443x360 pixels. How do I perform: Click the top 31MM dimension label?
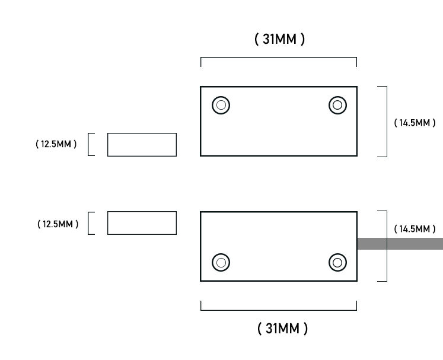point(280,39)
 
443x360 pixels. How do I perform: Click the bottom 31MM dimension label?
point(282,329)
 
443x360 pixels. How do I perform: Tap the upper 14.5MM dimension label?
point(415,123)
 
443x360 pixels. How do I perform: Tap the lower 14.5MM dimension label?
point(415,228)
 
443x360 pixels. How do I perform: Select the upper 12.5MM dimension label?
point(56,144)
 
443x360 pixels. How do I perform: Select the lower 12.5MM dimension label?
point(58,224)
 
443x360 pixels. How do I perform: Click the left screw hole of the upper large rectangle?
point(221,105)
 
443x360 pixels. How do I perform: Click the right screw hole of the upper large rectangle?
point(337,105)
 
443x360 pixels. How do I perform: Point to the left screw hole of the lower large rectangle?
point(221,263)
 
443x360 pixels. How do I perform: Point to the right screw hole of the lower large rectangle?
point(337,263)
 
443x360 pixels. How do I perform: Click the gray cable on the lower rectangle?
point(400,244)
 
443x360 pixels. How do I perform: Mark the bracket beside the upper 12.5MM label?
point(88,144)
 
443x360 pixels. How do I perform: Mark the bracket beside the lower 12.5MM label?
point(88,223)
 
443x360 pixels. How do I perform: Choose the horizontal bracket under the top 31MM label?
point(279,58)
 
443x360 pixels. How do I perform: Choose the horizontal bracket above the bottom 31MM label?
point(279,310)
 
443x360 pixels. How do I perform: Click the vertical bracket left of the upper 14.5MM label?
point(387,122)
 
